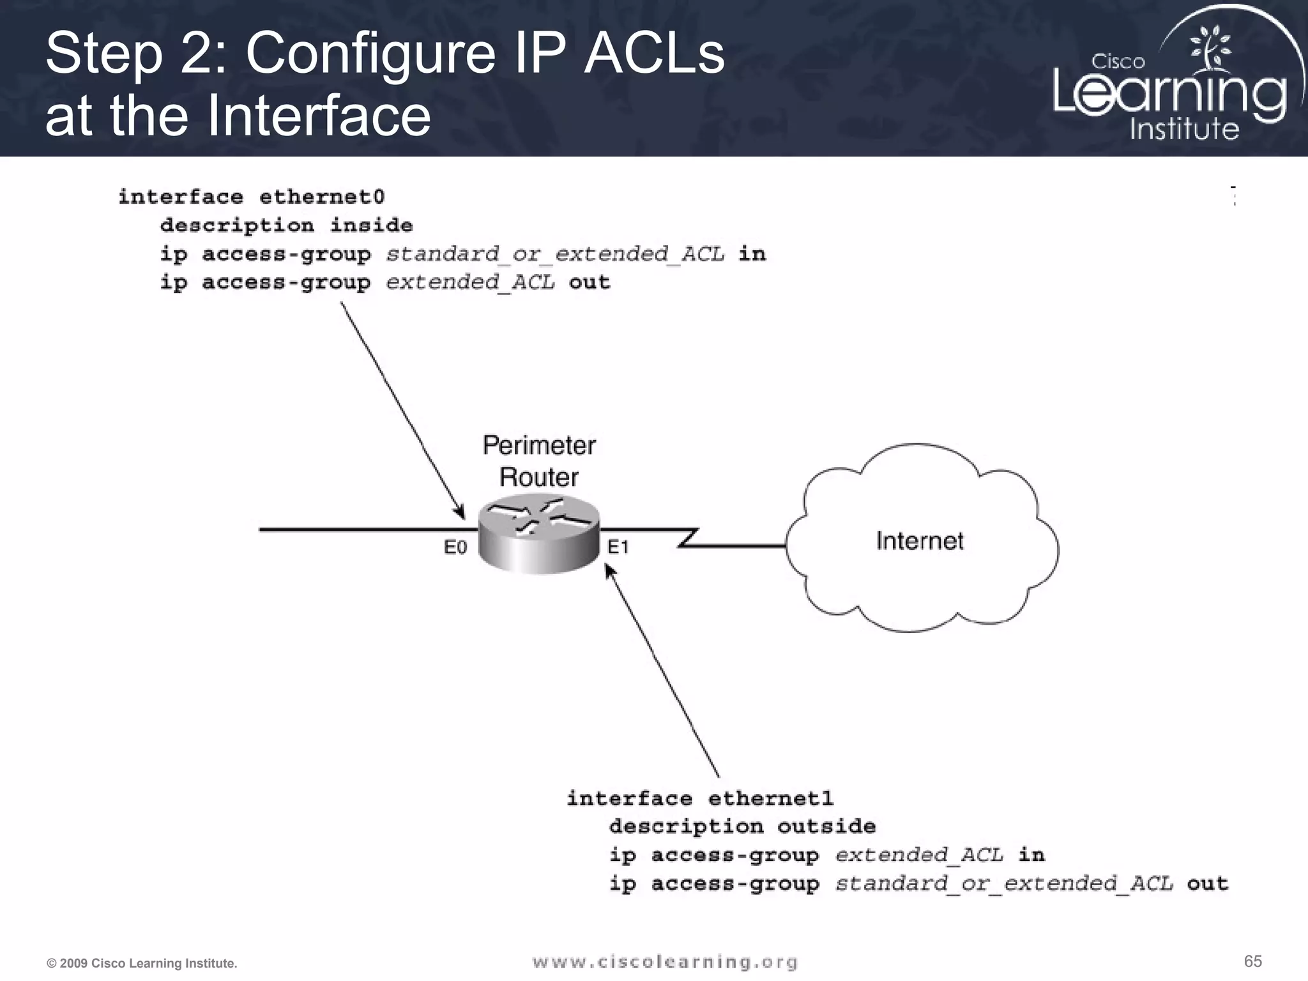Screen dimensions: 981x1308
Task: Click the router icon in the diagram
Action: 539,536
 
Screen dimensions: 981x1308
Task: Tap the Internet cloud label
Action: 919,541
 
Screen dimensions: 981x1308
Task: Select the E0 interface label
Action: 455,547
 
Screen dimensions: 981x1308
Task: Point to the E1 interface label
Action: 618,547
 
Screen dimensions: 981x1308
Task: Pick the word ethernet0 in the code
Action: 322,197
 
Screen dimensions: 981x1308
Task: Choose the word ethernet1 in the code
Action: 771,798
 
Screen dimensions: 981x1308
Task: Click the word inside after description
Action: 371,225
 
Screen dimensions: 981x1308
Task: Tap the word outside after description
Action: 826,826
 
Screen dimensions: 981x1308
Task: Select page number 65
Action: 1252,961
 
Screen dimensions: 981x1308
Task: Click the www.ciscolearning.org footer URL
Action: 665,962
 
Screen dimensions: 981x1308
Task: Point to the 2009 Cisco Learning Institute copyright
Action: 142,963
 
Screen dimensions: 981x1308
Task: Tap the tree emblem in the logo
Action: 1209,48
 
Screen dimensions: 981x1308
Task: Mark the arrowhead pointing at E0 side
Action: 460,513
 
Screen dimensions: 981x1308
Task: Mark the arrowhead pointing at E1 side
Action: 609,568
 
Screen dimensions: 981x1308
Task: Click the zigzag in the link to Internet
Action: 688,538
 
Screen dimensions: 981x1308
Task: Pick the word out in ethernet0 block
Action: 589,282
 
